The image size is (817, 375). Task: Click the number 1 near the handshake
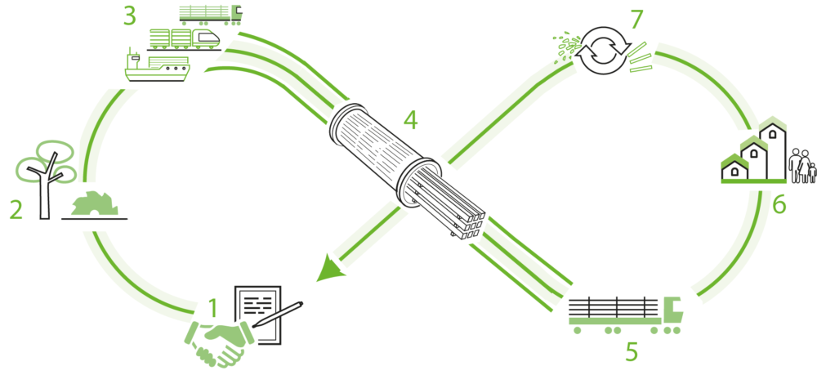tap(213, 309)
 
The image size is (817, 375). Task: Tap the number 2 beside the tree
tap(16, 210)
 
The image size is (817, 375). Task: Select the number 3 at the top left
tap(129, 16)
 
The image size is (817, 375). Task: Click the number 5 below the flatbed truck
tap(631, 352)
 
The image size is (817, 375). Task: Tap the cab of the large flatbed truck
tap(672, 310)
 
